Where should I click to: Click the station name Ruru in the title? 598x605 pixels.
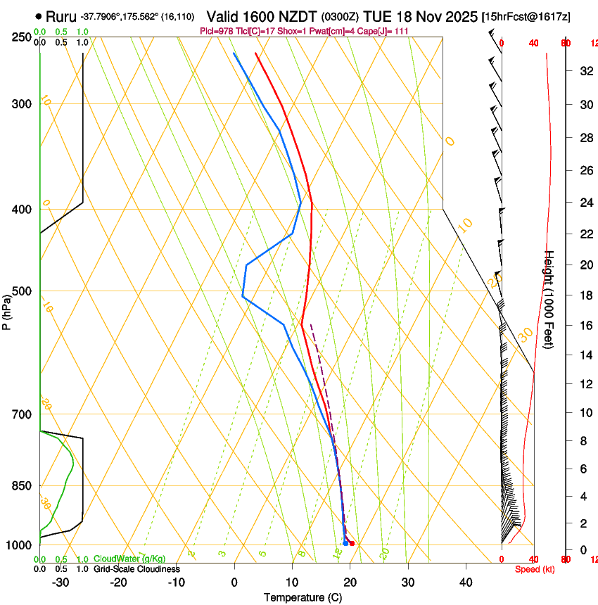click(61, 15)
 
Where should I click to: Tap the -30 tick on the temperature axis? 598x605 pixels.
click(61, 582)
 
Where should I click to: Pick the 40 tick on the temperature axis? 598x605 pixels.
click(466, 582)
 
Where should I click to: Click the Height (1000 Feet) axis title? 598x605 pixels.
click(549, 299)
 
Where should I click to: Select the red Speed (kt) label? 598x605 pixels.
click(535, 569)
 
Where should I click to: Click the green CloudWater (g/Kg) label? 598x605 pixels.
click(129, 559)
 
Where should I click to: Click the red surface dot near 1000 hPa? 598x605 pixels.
click(352, 544)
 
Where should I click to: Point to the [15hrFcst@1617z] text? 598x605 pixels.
click(526, 16)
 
